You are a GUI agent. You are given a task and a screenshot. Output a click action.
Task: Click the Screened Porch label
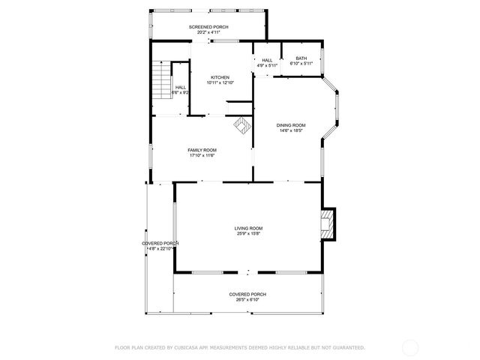point(208,27)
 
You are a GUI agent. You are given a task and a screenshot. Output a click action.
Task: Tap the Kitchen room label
point(220,77)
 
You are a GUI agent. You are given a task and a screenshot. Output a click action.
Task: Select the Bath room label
point(301,58)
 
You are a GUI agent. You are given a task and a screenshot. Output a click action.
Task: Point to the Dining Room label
point(291,124)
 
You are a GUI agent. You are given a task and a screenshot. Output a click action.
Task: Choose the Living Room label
point(248,228)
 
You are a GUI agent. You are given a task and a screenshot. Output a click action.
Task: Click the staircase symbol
point(162,79)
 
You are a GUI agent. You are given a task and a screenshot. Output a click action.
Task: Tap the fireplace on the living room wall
point(326,224)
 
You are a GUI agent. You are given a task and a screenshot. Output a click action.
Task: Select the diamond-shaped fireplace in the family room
point(241,125)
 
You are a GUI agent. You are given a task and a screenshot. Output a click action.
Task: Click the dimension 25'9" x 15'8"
point(248,234)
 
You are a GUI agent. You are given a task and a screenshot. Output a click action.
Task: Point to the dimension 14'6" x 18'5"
point(291,130)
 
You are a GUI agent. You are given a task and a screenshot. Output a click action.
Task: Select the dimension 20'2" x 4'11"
point(208,33)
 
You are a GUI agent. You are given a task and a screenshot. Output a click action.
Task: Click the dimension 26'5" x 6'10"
point(247,300)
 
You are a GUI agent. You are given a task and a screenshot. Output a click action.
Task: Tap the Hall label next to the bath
point(267,60)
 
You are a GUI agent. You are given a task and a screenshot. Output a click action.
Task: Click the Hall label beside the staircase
point(181,87)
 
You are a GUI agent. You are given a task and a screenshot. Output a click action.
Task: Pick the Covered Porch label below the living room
point(247,294)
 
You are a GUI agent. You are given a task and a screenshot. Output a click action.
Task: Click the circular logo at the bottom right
point(410,348)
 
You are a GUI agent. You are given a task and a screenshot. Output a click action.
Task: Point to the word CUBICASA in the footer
point(190,348)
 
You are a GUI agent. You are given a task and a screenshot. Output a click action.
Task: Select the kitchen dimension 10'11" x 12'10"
point(220,83)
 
